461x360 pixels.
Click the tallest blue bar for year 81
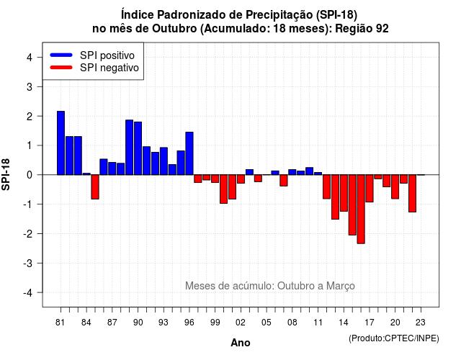click(x=61, y=143)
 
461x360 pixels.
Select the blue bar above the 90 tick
click(x=138, y=148)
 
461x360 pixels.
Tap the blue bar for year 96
click(x=189, y=153)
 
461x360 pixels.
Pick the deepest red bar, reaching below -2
click(x=361, y=209)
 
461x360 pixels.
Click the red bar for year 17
click(x=370, y=189)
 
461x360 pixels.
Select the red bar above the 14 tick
click(x=344, y=193)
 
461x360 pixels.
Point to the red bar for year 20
click(x=395, y=186)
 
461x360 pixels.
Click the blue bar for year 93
click(x=164, y=161)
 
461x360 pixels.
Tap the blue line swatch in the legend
click(x=61, y=55)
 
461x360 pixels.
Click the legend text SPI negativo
click(x=109, y=68)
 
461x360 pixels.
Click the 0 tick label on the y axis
click(x=30, y=175)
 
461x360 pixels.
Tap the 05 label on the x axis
click(x=267, y=323)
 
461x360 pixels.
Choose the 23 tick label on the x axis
click(x=421, y=323)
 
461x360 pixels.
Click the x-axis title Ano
click(x=241, y=343)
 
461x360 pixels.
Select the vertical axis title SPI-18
click(x=6, y=174)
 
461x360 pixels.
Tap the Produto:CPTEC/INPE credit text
click(x=394, y=338)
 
